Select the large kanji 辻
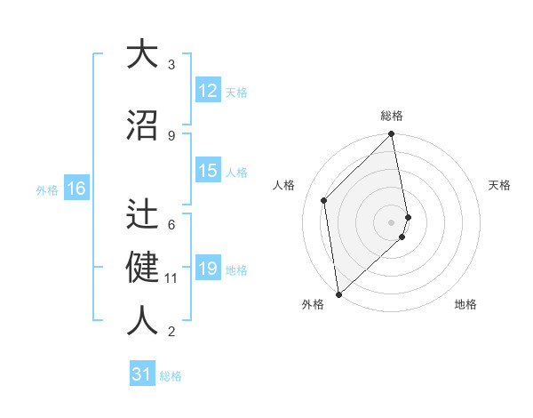pos(142,213)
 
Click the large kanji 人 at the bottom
pos(142,320)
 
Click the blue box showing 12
pos(208,91)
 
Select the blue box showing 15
pos(208,172)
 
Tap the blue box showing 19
pos(208,269)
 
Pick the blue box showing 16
pos(76,189)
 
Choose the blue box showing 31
pos(142,374)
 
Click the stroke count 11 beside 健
pos(171,278)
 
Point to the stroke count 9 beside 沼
pos(171,135)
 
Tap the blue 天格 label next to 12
pos(236,92)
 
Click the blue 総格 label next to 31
pos(171,376)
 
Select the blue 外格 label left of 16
pos(47,189)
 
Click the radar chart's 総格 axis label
pos(392,116)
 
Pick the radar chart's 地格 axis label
pos(465,305)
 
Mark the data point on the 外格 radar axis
pos(338,294)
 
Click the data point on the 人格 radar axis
pos(324,200)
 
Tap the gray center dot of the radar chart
pos(392,221)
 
